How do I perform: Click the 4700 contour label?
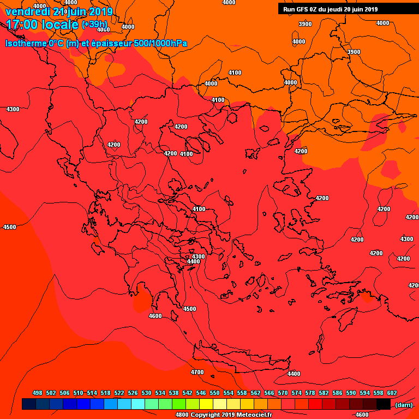click(197, 372)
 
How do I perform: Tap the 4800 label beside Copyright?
click(182, 415)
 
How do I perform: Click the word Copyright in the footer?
click(205, 415)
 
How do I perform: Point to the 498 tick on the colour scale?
click(38, 393)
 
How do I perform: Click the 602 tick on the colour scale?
click(392, 393)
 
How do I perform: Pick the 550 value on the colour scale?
click(214, 393)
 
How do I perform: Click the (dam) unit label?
click(404, 405)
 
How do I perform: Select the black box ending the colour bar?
click(384, 404)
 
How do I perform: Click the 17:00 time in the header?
click(22, 25)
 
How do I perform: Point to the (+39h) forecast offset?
click(94, 25)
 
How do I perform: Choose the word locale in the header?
click(59, 25)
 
